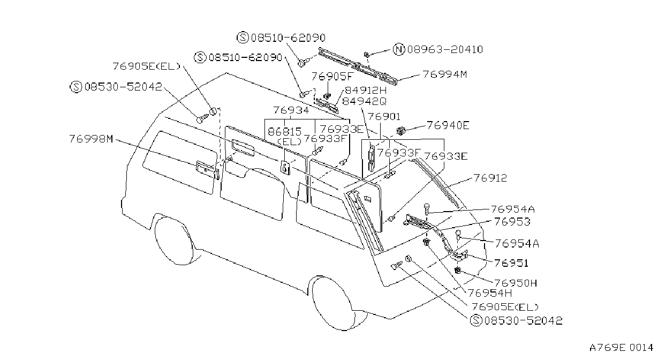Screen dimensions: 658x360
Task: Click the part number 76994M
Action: click(445, 74)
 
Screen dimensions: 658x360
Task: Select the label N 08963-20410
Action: click(438, 49)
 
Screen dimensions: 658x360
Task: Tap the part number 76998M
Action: click(91, 139)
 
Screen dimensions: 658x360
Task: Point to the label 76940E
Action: click(448, 125)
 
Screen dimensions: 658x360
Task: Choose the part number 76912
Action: click(490, 178)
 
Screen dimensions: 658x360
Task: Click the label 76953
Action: click(512, 222)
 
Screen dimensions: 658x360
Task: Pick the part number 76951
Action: click(511, 263)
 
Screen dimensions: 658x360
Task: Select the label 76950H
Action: click(516, 283)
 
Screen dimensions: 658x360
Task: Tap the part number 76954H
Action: click(490, 293)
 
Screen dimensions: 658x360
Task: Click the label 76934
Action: click(291, 110)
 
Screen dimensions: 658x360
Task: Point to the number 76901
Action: click(384, 117)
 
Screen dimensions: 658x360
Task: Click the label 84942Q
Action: click(364, 101)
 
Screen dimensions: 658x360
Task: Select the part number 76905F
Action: click(331, 77)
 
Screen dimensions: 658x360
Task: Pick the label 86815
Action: click(284, 131)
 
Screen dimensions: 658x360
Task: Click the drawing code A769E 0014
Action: click(621, 348)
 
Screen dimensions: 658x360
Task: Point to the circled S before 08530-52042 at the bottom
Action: click(476, 320)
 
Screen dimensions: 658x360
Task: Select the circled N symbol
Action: click(399, 50)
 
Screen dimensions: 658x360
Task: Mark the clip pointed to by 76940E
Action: click(400, 131)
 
